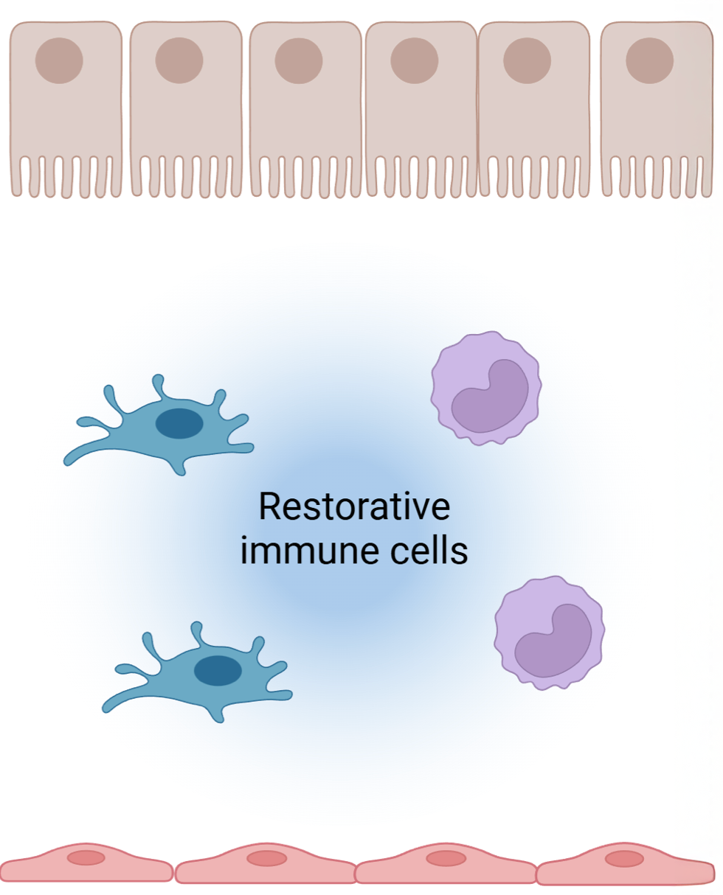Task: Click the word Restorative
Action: [353, 508]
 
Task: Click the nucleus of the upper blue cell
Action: [179, 424]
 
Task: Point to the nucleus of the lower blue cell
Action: [218, 670]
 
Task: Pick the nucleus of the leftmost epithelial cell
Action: [59, 60]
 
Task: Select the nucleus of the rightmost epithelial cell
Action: [649, 60]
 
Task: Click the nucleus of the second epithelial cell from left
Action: [179, 60]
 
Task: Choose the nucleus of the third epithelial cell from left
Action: [299, 60]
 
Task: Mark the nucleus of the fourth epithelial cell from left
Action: [415, 60]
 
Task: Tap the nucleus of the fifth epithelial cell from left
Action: [527, 60]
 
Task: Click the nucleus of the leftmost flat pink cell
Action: [86, 857]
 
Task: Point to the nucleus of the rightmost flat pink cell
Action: [624, 858]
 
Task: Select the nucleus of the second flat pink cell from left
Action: [266, 858]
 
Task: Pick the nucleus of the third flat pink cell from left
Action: [446, 858]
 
